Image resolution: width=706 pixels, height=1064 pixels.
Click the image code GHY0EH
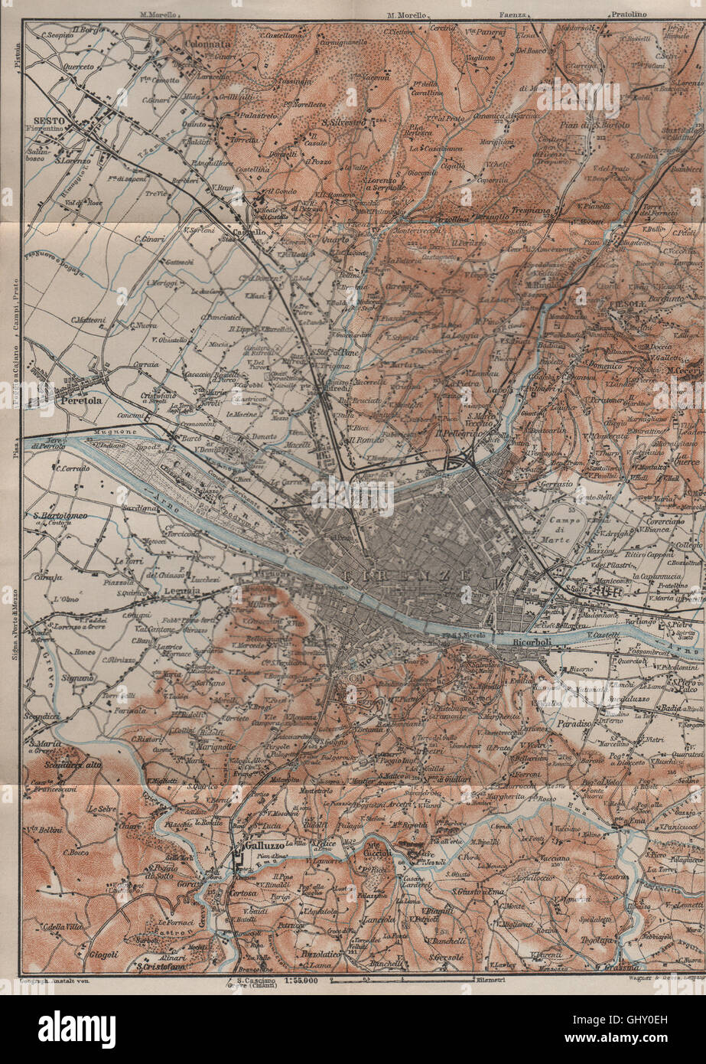click(x=659, y=1020)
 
